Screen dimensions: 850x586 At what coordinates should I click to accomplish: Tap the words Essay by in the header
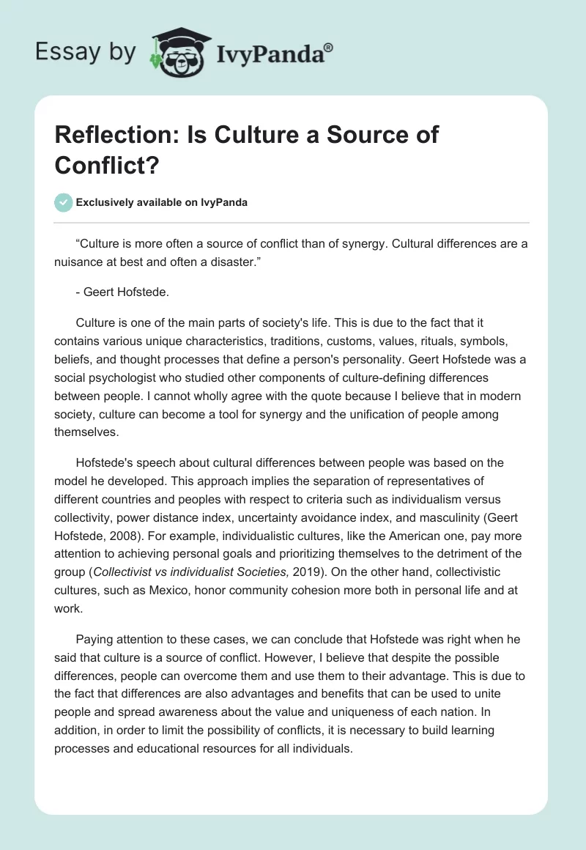coord(85,51)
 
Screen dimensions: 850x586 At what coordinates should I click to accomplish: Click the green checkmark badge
coord(64,202)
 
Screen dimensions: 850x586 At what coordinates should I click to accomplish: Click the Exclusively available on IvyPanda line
coord(162,203)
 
